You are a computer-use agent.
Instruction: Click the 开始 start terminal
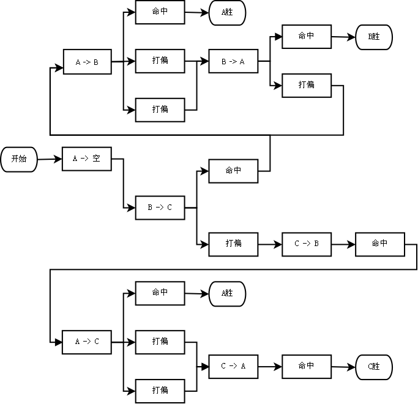tap(19, 159)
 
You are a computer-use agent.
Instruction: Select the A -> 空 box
tap(87, 159)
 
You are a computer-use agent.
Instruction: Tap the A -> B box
tap(87, 62)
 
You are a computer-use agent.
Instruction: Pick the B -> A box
tap(233, 62)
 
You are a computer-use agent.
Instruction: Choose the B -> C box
tap(160, 208)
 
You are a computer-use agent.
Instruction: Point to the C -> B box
tap(307, 244)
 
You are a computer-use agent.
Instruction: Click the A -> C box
tap(87, 342)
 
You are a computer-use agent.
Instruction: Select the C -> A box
tap(233, 366)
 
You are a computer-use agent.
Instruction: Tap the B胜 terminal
tap(374, 37)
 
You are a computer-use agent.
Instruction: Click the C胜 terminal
tap(374, 367)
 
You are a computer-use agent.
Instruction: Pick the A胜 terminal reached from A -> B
tap(227, 13)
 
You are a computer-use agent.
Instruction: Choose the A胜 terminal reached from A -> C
tap(227, 293)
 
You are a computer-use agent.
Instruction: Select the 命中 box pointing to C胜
tap(307, 366)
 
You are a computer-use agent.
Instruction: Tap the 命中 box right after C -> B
tap(380, 244)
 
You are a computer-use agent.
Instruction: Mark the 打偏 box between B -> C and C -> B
tap(233, 244)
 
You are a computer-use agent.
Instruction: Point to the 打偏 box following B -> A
tap(307, 85)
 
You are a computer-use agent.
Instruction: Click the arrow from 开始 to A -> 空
tap(50, 159)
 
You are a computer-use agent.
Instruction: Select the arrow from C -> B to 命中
tap(343, 244)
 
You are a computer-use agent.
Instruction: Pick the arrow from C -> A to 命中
tap(269, 366)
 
